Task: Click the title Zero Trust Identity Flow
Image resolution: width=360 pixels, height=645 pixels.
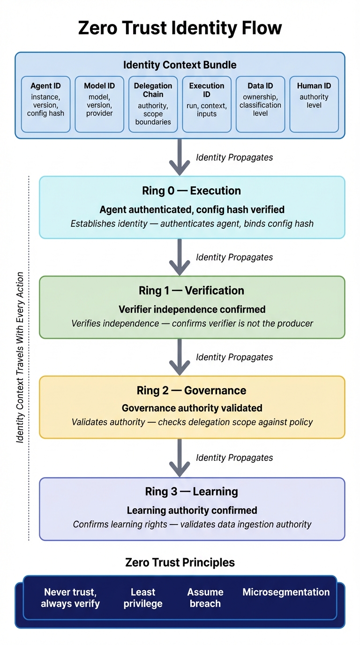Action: click(x=180, y=28)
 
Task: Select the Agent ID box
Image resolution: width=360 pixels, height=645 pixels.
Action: click(x=45, y=104)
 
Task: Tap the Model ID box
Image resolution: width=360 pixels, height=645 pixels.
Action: click(x=99, y=104)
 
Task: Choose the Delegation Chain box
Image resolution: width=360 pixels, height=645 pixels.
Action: click(x=153, y=104)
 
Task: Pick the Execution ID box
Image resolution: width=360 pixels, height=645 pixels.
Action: click(x=207, y=104)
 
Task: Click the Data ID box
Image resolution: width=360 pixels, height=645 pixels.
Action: click(x=260, y=104)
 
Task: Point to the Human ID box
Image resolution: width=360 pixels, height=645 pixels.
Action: click(x=314, y=104)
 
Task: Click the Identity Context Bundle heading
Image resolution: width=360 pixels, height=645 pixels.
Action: click(x=180, y=65)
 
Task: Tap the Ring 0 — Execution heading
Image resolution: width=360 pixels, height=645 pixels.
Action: click(x=191, y=191)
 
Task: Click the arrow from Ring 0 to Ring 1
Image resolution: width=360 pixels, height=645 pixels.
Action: click(x=180, y=257)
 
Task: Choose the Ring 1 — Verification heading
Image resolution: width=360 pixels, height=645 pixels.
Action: click(x=191, y=291)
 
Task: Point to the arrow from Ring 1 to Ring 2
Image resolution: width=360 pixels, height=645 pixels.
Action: click(x=180, y=357)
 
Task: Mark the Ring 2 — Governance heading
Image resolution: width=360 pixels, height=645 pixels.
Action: click(x=191, y=390)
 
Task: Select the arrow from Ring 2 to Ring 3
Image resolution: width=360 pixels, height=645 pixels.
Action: click(x=180, y=457)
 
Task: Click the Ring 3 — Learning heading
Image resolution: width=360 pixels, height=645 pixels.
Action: click(x=191, y=491)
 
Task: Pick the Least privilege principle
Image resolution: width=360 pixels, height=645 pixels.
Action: click(x=143, y=598)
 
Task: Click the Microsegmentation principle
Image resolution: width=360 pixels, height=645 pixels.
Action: click(x=286, y=592)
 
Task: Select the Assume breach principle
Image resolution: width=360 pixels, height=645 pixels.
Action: click(x=205, y=598)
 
